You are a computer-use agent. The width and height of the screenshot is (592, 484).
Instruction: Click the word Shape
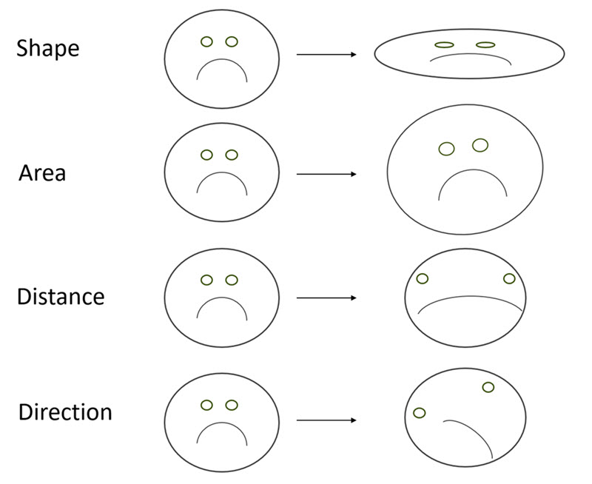tap(48, 49)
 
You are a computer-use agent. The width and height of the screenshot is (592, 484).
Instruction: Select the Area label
tap(42, 173)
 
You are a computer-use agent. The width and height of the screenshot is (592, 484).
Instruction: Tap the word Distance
tap(61, 297)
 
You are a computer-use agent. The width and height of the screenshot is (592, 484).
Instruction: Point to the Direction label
tap(65, 411)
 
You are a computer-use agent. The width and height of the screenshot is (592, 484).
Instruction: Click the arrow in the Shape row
tap(326, 55)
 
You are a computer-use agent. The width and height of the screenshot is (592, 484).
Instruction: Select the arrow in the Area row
tap(326, 175)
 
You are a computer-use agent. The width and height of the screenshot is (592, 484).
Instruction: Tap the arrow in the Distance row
tap(326, 298)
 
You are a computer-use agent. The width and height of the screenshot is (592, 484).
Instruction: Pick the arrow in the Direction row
tap(326, 420)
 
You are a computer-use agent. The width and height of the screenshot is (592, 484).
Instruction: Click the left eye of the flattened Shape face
tap(443, 45)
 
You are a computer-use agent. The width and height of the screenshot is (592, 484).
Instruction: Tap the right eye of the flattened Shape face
tap(485, 45)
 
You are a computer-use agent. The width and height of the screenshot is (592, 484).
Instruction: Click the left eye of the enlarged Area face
tap(446, 149)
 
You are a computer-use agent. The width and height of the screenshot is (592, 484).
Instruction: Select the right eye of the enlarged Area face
tap(480, 145)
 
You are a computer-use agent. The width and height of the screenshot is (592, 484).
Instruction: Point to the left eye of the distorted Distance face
tap(423, 279)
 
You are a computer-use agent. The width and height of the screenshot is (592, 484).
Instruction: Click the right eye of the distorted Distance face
tap(509, 278)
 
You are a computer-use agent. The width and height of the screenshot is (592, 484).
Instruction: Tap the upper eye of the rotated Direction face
tap(488, 387)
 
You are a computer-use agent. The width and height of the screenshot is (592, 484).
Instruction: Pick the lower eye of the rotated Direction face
tap(419, 412)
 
